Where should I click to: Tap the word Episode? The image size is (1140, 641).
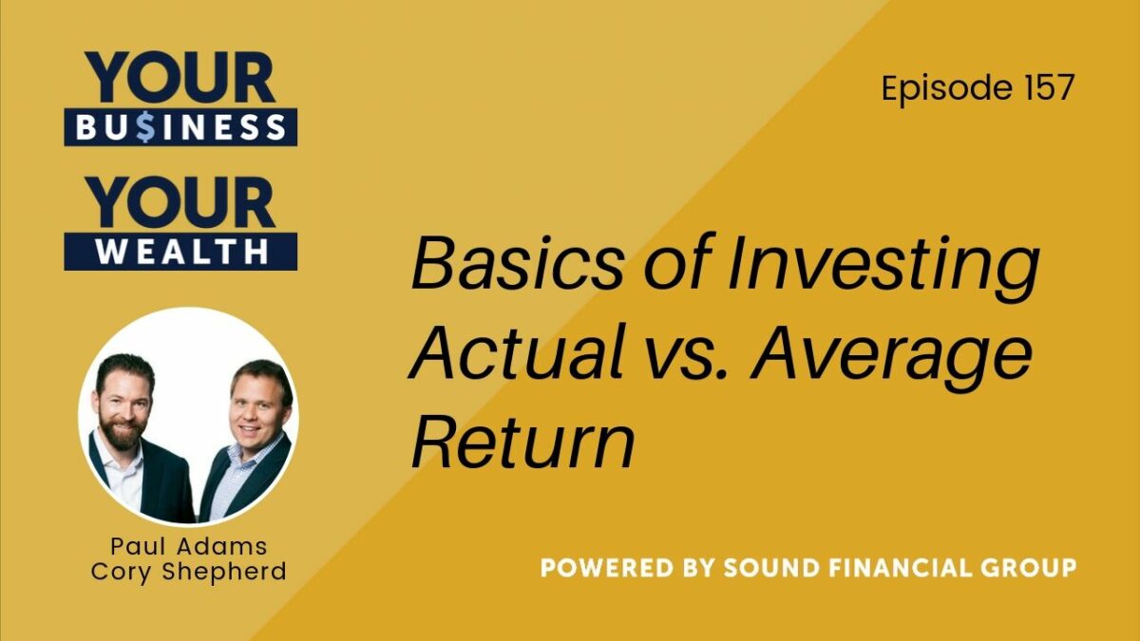point(946,88)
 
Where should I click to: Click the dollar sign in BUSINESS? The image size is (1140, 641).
point(145,127)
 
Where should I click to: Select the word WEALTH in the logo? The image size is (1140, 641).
point(182,252)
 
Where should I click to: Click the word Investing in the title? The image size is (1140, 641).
point(883,268)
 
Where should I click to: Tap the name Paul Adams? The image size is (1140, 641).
point(189,547)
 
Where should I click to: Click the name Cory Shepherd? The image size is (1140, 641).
point(189,572)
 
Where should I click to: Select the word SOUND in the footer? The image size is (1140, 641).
point(776,568)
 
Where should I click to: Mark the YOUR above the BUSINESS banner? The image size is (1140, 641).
point(180,77)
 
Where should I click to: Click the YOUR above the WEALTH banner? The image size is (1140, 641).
point(180,202)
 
